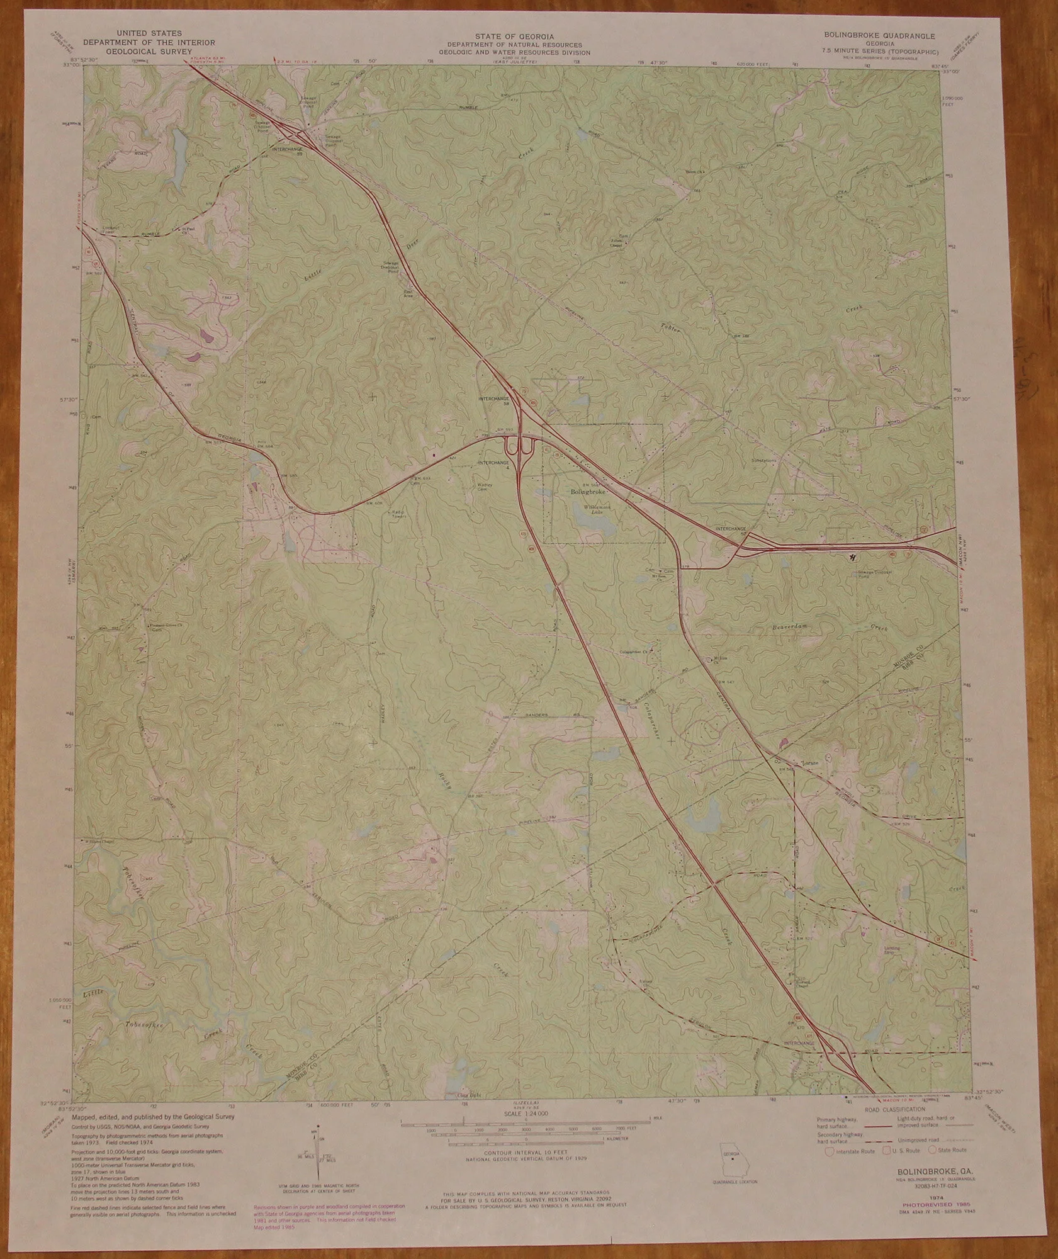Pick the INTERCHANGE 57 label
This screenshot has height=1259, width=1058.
(730, 529)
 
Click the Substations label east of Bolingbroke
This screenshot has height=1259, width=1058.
(764, 460)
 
